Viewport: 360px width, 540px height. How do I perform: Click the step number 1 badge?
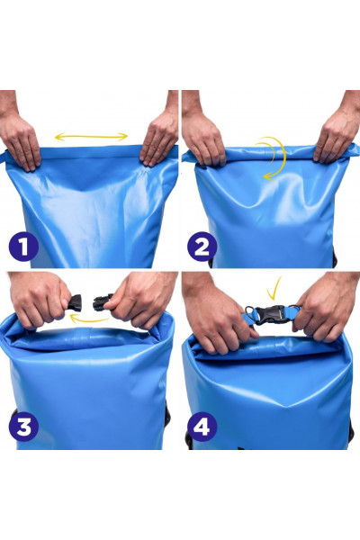click(x=23, y=247)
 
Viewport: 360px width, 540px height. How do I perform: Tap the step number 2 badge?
click(x=202, y=247)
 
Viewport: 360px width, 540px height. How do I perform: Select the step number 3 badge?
click(x=23, y=427)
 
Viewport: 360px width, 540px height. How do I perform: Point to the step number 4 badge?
click(x=202, y=427)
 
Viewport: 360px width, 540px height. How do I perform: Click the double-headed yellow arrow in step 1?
click(x=91, y=137)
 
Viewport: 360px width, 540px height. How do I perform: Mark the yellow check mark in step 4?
click(x=274, y=289)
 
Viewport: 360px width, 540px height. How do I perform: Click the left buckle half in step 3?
click(x=75, y=303)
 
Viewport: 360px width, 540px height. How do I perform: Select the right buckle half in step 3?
click(x=103, y=302)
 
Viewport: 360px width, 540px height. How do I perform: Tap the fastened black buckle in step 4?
click(x=272, y=314)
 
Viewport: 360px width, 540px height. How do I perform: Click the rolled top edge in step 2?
click(x=270, y=154)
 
